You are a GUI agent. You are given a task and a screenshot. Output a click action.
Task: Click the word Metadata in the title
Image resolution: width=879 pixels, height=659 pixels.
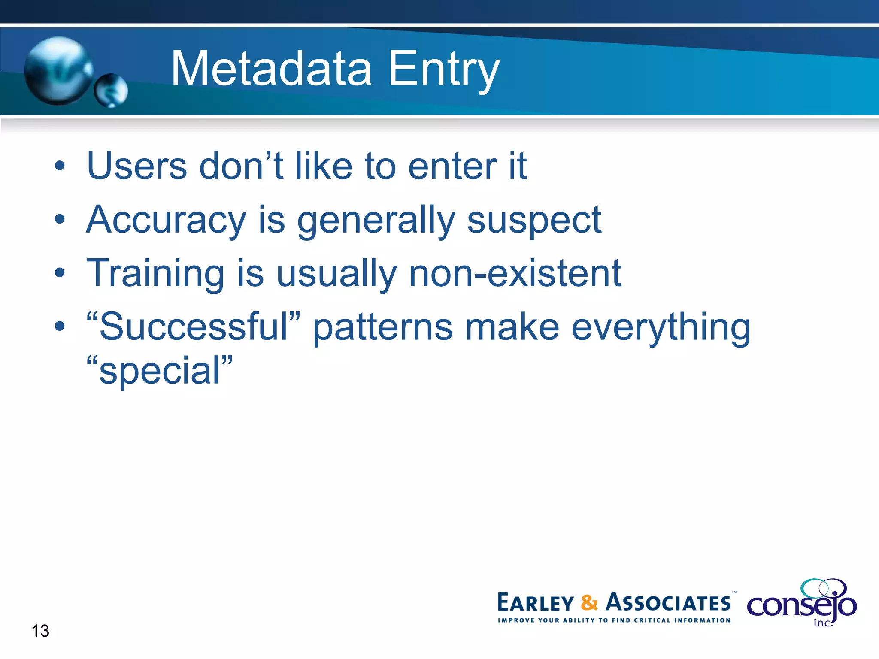click(x=271, y=69)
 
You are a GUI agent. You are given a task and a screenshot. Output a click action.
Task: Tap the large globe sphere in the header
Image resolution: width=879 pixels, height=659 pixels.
click(x=58, y=71)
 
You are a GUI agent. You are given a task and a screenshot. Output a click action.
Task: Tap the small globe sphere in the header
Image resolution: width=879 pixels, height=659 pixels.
click(x=111, y=91)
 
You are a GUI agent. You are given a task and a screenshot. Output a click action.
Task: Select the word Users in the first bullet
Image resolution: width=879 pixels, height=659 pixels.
click(x=137, y=166)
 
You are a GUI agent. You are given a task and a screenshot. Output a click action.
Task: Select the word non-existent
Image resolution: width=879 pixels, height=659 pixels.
click(x=515, y=274)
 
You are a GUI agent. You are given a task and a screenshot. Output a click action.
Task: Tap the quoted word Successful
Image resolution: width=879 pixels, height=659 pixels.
click(x=193, y=327)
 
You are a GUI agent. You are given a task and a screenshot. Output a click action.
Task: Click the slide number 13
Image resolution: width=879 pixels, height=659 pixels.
click(x=40, y=631)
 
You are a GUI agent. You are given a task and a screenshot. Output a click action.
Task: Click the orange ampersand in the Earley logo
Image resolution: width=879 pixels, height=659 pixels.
click(x=589, y=602)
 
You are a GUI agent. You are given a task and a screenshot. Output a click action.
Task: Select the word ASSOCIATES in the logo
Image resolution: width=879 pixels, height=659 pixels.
click(x=668, y=603)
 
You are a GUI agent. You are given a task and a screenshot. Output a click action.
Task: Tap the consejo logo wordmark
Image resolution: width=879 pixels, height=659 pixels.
click(x=801, y=605)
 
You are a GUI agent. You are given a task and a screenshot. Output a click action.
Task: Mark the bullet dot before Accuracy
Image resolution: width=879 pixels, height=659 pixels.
click(x=60, y=220)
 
